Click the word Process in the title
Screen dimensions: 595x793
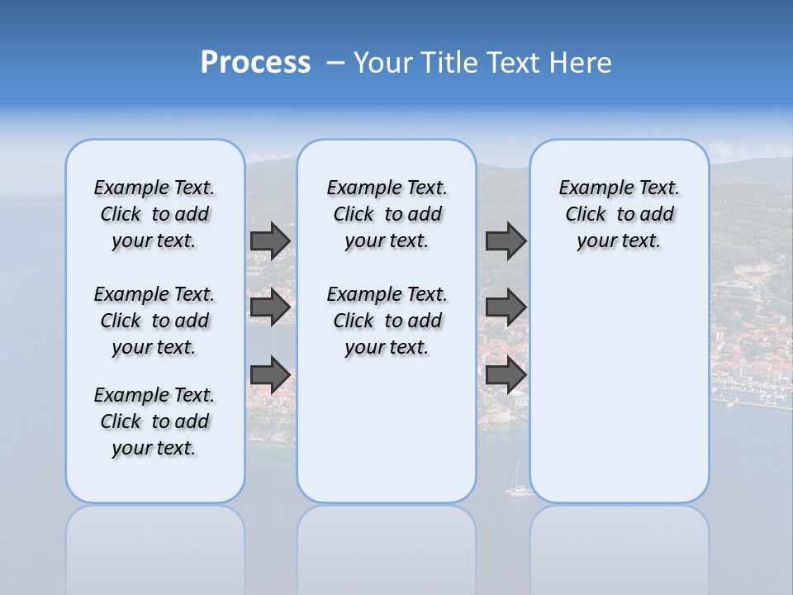click(255, 63)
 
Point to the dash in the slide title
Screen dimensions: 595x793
click(335, 64)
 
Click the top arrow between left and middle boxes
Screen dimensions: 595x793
click(270, 240)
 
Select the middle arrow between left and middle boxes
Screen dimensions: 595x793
click(270, 307)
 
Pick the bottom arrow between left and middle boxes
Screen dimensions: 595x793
click(270, 374)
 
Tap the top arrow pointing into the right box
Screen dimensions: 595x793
click(506, 240)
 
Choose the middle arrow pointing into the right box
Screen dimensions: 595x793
click(506, 307)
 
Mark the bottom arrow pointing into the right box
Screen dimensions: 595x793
click(506, 374)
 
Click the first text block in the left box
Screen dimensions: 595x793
click(154, 214)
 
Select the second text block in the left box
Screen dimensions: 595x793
click(154, 321)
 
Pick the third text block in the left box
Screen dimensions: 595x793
click(154, 421)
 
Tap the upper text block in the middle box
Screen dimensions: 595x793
click(387, 214)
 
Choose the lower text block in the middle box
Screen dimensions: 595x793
click(387, 321)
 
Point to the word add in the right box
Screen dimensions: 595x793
click(657, 215)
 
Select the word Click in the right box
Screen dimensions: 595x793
click(586, 215)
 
